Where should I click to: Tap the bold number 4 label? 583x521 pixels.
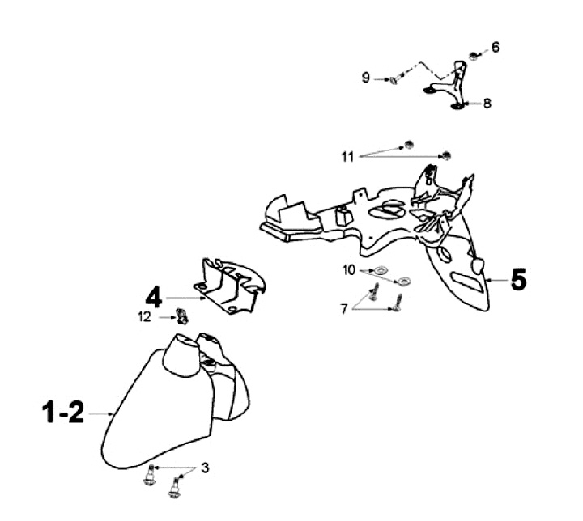pos(155,297)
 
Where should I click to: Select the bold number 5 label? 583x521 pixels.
pos(517,280)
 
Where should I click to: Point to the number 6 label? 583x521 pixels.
pos(496,48)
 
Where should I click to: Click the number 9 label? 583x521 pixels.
pos(366,78)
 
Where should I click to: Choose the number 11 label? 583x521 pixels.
pos(347,156)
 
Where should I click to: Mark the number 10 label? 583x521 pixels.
pos(349,269)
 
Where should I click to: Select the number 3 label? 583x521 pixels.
pos(205,468)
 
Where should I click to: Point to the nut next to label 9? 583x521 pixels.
pos(394,79)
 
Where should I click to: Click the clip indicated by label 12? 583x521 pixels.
pos(183,318)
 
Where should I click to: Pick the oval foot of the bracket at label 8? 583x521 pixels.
pos(456,104)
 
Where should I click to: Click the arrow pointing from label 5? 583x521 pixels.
pos(495,280)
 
